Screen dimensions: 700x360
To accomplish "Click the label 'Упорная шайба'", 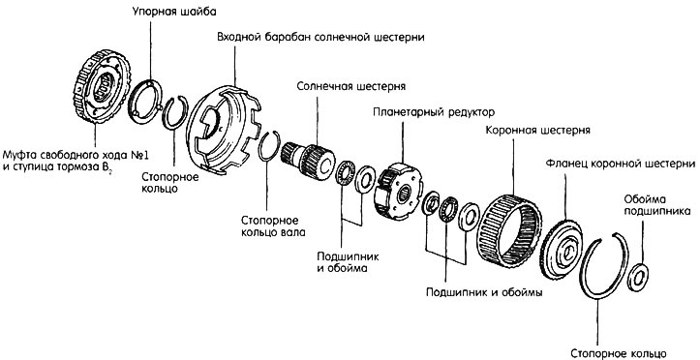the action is click(x=174, y=12).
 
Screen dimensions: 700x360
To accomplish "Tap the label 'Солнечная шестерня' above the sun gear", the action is click(x=351, y=86).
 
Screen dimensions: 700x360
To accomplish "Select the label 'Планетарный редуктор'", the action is click(x=434, y=111).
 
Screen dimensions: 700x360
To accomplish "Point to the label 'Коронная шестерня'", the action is click(x=538, y=131).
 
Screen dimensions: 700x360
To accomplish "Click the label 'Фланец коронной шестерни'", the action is click(x=621, y=164).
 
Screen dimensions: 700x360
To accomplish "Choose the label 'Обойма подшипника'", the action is click(x=658, y=205).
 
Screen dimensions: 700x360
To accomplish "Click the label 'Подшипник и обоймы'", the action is click(x=484, y=292).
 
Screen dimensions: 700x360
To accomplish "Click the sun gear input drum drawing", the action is click(x=224, y=130).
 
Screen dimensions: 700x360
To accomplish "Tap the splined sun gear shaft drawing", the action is click(x=308, y=160).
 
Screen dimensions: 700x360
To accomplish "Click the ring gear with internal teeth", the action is click(x=509, y=230).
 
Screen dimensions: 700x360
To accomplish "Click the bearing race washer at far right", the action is click(x=638, y=277).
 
